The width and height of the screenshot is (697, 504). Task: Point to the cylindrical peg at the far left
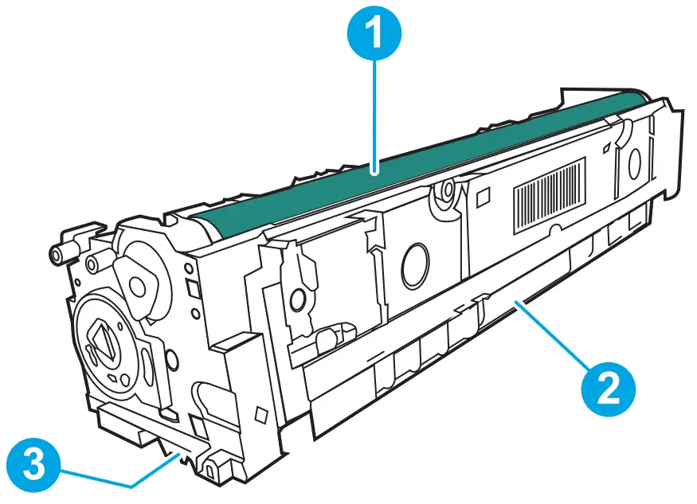(58, 254)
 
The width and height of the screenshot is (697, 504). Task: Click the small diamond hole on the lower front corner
(259, 415)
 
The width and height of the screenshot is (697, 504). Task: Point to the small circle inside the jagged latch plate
(297, 301)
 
